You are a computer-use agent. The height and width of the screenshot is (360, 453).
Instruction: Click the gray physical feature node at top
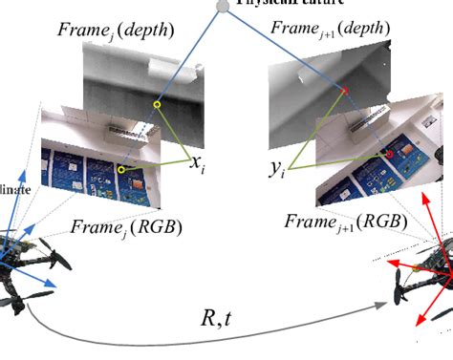click(222, 5)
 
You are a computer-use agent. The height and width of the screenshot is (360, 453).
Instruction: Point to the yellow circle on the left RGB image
click(121, 169)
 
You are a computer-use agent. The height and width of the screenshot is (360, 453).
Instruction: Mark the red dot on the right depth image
click(346, 91)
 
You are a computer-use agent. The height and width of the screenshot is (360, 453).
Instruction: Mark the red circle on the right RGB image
click(389, 155)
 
